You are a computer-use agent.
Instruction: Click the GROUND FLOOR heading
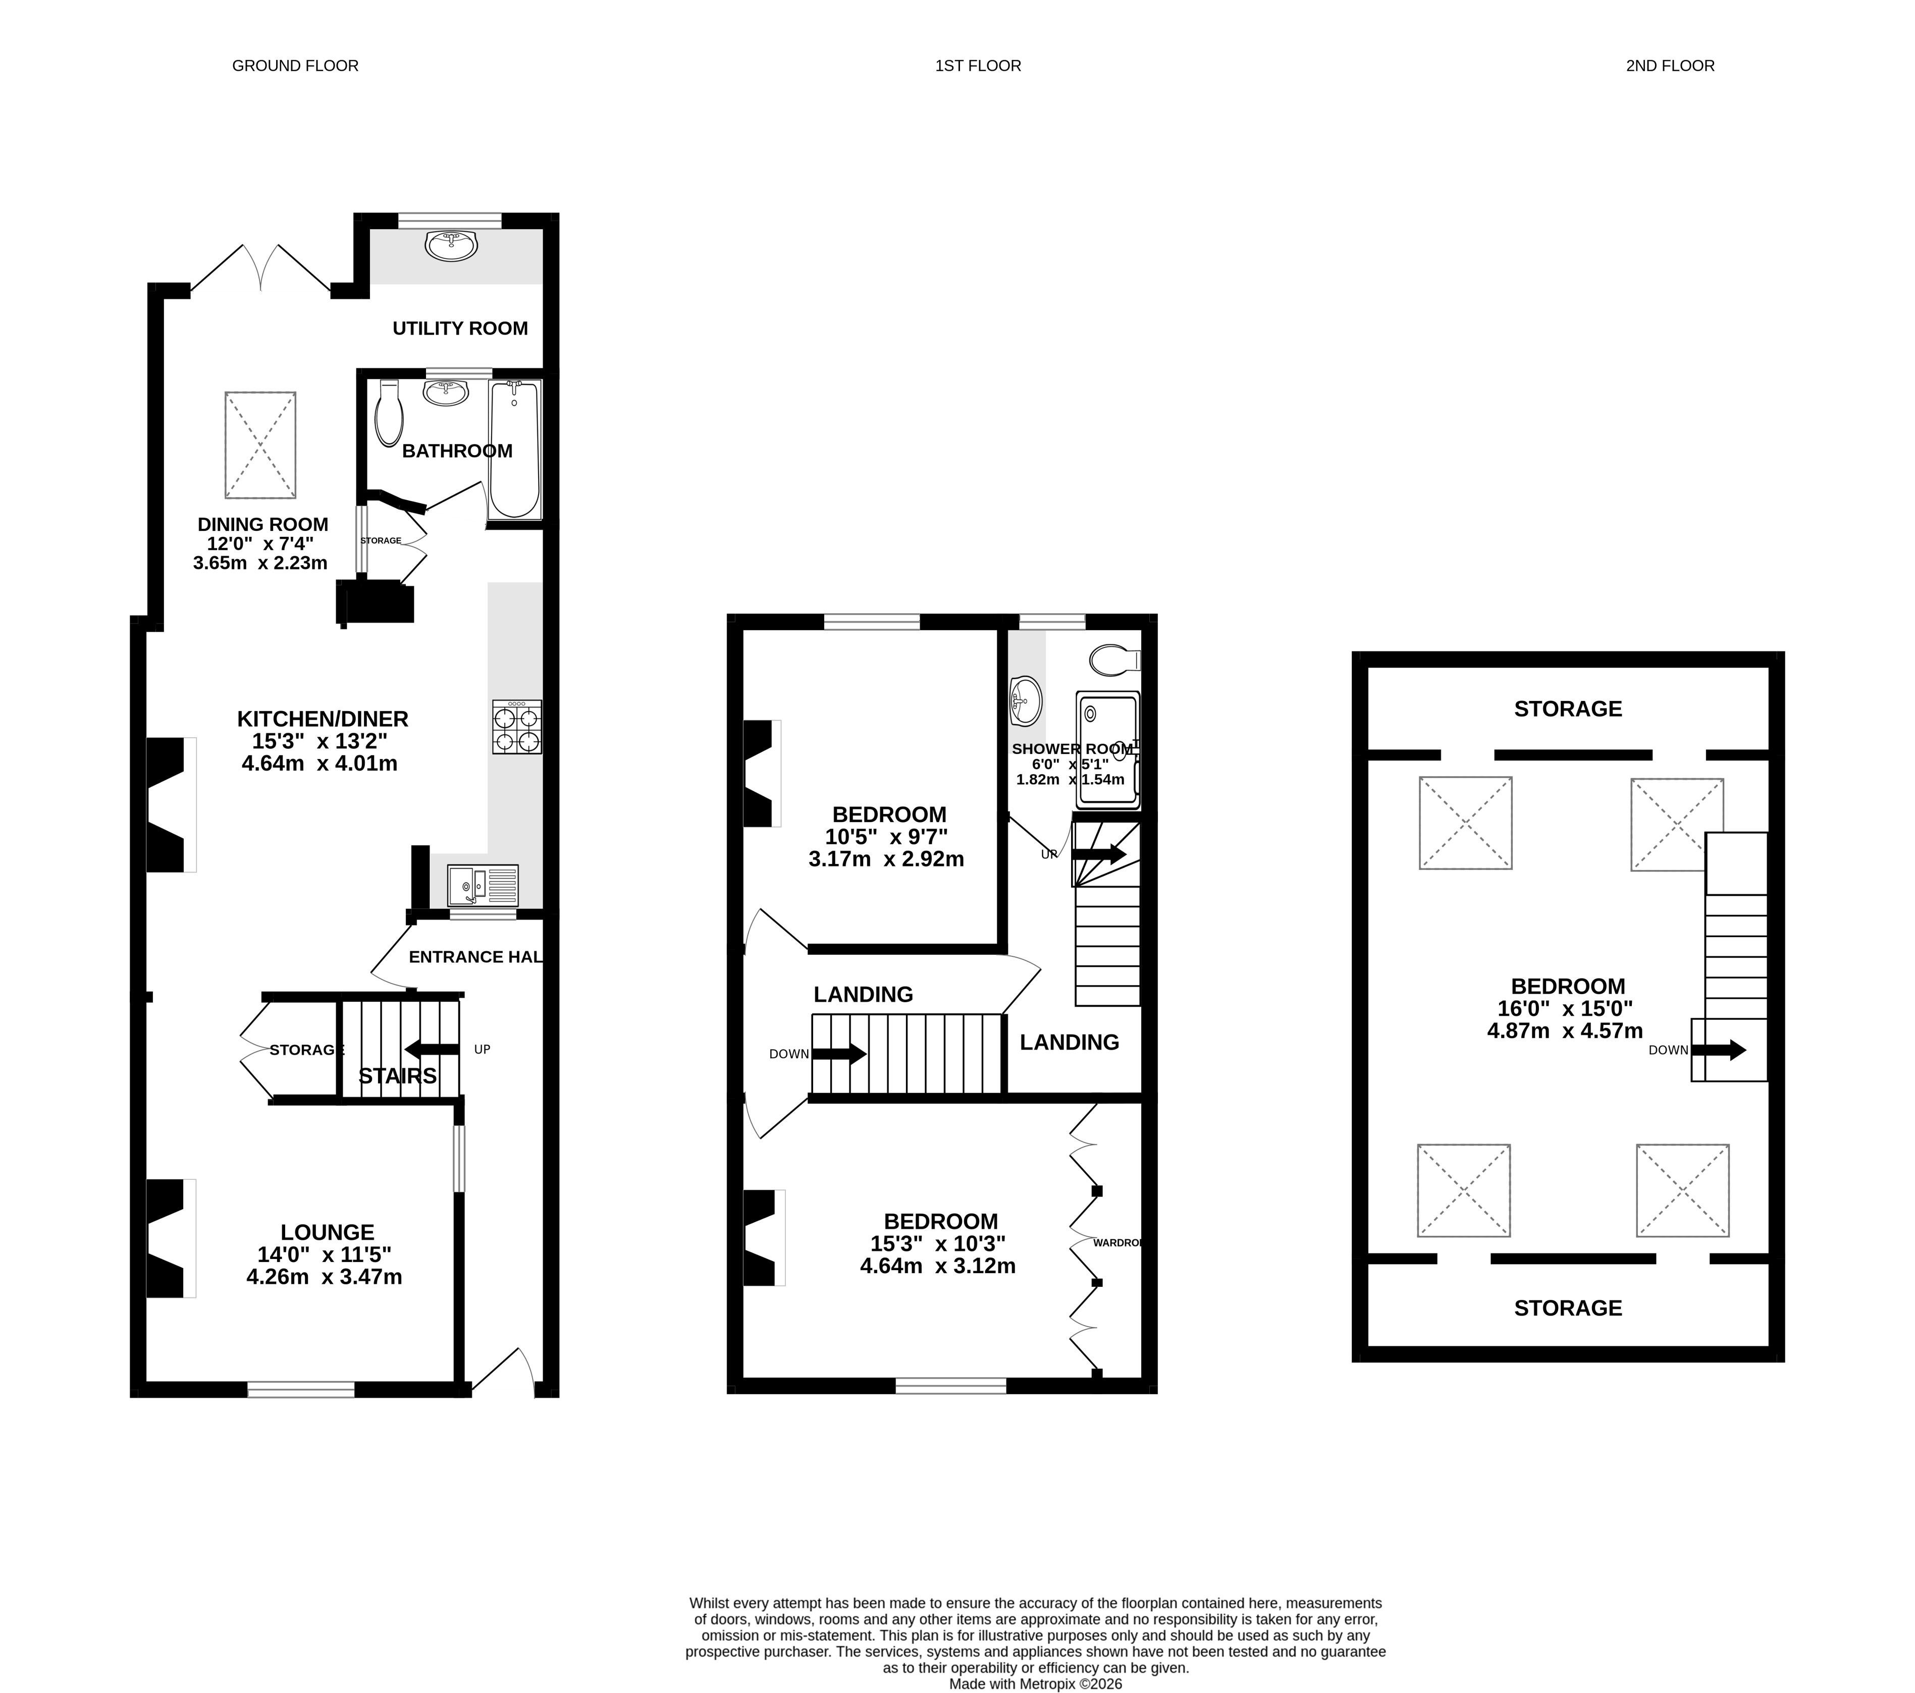295,66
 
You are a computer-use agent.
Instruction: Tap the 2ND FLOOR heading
1670,66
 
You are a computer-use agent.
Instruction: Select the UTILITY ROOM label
460,328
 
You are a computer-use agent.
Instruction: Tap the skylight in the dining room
260,445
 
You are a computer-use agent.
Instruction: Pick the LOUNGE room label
327,1232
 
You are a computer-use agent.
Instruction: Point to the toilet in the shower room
1115,659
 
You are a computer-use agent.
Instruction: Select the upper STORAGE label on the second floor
1567,708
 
